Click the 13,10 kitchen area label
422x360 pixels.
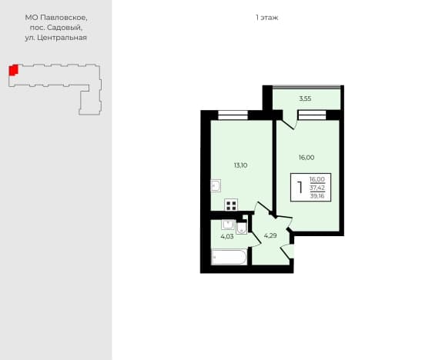240,165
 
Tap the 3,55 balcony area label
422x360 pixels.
305,98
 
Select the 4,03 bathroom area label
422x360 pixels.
227,237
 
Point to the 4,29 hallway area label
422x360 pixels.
270,236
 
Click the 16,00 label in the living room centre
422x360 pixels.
306,158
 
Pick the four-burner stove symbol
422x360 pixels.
231,205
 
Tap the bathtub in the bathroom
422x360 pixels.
229,257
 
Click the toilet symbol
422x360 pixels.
241,228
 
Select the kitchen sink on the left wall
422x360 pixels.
216,185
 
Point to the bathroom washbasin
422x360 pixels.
228,225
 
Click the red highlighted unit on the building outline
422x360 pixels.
13,70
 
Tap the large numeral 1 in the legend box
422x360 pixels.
300,188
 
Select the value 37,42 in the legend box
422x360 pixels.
317,188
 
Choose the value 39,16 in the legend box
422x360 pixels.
317,196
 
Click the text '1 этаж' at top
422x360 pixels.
267,18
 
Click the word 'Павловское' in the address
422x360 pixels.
64,18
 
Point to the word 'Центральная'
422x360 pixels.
62,38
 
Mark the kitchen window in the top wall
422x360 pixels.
233,115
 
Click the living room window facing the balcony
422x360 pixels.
312,115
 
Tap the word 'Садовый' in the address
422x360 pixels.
65,28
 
